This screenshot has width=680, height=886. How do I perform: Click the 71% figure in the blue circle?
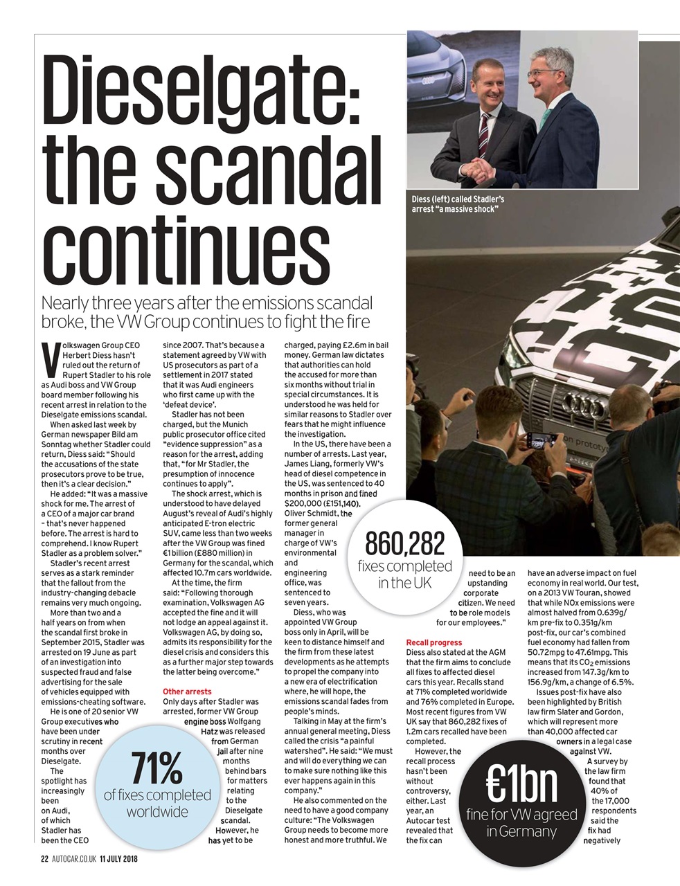click(156, 769)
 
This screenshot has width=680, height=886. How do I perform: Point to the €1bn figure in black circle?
click(521, 782)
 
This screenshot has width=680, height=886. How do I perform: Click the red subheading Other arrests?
click(187, 691)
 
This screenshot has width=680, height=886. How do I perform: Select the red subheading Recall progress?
click(433, 643)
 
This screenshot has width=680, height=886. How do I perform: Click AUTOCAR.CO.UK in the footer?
click(73, 860)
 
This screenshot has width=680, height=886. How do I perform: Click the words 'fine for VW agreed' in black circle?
click(521, 815)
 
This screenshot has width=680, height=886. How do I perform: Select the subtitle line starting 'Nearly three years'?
click(207, 303)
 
